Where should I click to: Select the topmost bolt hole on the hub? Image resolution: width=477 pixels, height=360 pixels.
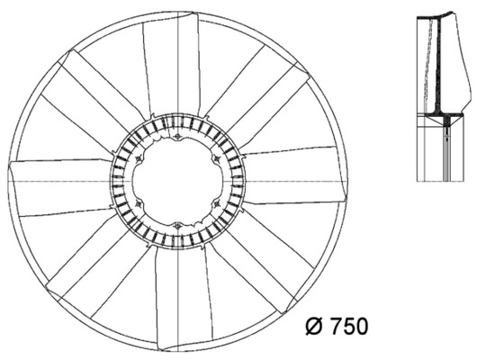[x=177, y=136]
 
